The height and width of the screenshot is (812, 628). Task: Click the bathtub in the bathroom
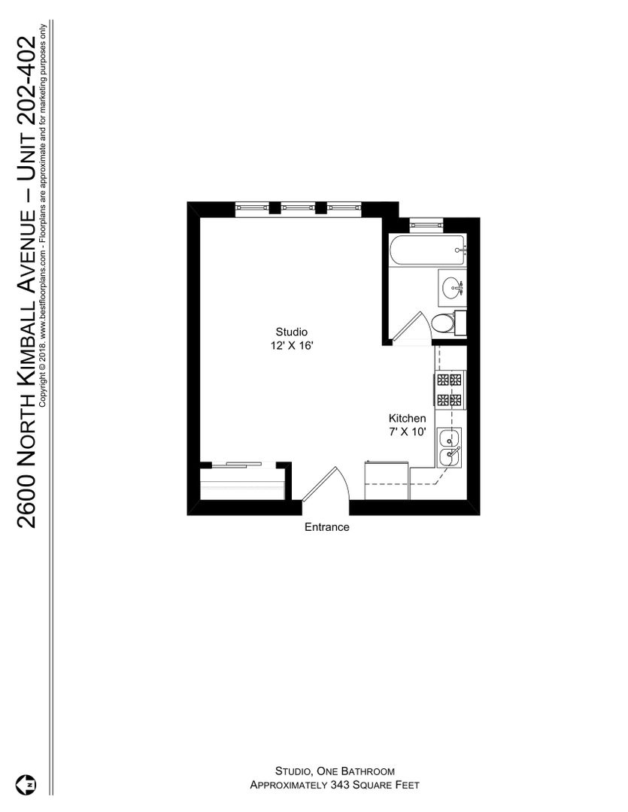click(428, 250)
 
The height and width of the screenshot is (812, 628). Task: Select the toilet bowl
click(442, 323)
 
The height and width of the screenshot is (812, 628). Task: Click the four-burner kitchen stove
click(449, 389)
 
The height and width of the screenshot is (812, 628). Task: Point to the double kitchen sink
click(449, 448)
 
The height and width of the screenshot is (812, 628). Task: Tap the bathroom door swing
click(411, 327)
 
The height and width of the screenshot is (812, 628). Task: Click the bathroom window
click(426, 225)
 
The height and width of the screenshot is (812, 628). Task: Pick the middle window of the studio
click(298, 208)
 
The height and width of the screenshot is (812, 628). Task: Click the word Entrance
click(327, 527)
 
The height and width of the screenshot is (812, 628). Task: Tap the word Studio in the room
click(291, 332)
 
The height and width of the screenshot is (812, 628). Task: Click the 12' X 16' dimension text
click(292, 345)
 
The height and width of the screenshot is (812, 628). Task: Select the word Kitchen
click(408, 418)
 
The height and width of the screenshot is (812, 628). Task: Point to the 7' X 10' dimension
click(408, 432)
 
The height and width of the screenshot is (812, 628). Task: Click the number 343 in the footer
click(340, 785)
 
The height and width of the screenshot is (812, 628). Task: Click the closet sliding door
click(235, 465)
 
